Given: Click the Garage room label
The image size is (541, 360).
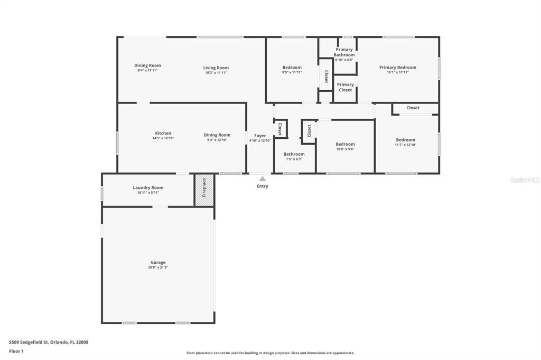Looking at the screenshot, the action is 158,262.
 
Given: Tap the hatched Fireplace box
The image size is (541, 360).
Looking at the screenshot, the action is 204,190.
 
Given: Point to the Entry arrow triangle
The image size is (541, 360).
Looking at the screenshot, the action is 263,178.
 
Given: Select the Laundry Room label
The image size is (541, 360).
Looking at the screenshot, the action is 148,187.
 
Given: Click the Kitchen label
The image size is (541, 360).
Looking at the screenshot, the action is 163,133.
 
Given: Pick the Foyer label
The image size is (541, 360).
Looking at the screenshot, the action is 260,136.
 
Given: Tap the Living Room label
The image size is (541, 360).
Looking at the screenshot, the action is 216,68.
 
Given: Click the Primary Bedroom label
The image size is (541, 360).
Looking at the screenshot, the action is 398,68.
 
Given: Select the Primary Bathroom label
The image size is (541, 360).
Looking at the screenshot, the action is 344,52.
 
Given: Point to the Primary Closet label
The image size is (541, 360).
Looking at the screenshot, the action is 346,87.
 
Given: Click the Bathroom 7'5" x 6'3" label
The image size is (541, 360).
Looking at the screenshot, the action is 294,154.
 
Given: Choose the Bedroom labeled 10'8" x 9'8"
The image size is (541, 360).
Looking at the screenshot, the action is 345,144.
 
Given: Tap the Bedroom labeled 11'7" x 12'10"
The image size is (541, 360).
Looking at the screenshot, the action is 405,140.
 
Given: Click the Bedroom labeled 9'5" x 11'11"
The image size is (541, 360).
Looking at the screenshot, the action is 292,68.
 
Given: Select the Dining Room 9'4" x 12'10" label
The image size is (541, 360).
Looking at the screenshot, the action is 217,135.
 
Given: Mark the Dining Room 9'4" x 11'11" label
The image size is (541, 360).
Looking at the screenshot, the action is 148,65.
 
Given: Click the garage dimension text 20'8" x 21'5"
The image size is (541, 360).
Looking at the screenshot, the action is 158,267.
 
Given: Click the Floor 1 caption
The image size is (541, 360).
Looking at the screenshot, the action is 16,352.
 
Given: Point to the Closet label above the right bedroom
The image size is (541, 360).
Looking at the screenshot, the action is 413,108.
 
